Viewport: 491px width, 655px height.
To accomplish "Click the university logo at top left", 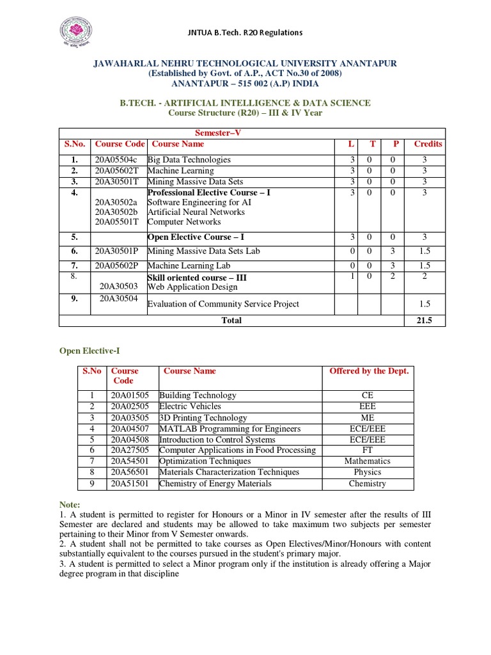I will (76, 32).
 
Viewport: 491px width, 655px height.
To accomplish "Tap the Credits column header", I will (428, 144).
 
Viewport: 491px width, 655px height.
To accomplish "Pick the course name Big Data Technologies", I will (189, 160).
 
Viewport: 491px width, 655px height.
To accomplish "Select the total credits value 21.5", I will (424, 320).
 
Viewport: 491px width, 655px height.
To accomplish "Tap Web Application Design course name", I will (192, 287).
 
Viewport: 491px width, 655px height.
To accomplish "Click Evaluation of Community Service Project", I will (223, 304).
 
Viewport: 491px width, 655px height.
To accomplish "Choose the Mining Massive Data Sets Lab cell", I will (203, 251).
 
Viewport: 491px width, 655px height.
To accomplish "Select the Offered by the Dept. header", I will (368, 371).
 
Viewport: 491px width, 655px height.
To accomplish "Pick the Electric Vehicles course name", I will (190, 406).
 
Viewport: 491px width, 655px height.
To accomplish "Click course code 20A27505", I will (129, 450).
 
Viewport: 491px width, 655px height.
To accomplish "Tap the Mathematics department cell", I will (367, 461).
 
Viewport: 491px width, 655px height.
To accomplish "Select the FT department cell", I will (367, 450).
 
